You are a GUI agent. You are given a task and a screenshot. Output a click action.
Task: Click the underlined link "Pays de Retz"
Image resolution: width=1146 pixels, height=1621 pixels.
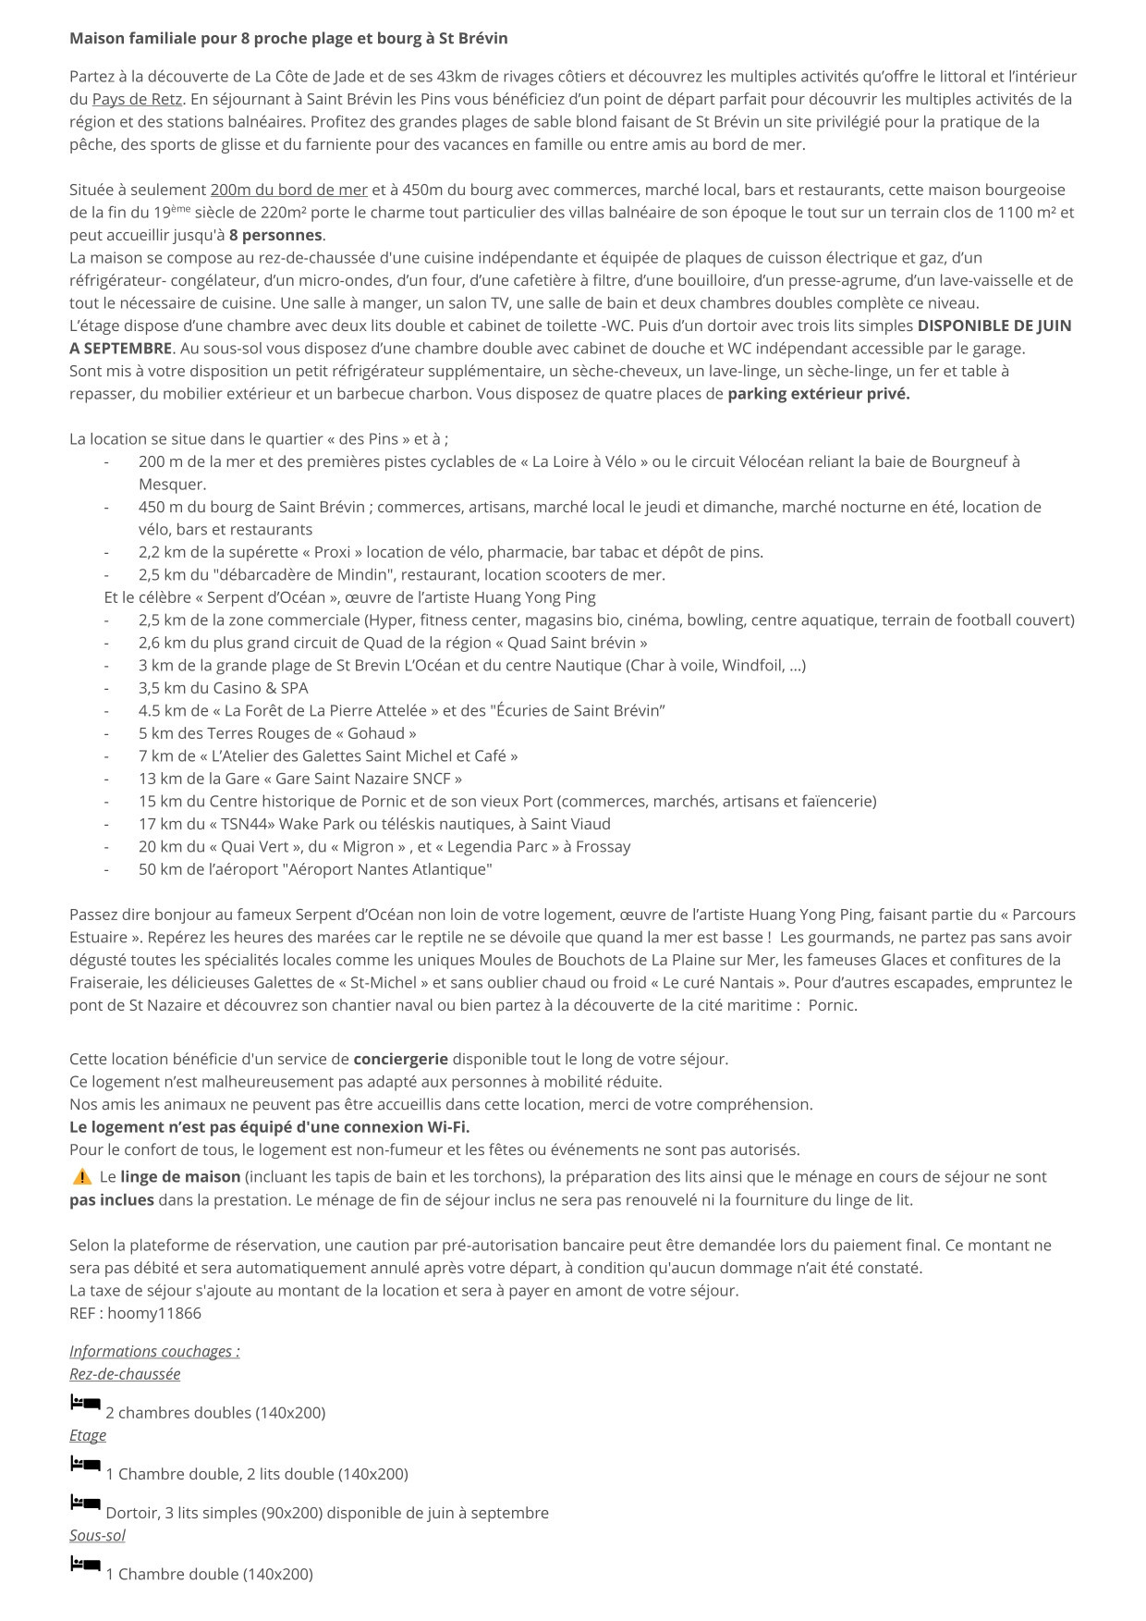click(x=137, y=99)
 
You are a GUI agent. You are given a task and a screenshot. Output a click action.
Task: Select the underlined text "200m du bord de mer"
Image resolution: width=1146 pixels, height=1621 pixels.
click(x=288, y=190)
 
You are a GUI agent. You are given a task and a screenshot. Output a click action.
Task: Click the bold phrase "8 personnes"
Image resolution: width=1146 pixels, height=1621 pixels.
click(x=275, y=235)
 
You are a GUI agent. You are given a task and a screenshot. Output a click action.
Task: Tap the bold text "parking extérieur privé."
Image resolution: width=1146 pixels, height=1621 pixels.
click(x=819, y=393)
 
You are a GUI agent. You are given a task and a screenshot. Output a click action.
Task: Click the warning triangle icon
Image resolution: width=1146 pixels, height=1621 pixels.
click(x=81, y=1176)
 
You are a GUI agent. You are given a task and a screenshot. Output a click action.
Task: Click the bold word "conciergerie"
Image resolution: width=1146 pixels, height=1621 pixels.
click(x=400, y=1059)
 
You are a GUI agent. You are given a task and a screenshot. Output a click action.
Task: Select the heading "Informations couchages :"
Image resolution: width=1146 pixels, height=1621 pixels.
click(x=154, y=1351)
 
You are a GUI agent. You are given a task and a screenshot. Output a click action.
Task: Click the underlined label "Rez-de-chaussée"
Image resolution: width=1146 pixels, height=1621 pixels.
click(x=125, y=1373)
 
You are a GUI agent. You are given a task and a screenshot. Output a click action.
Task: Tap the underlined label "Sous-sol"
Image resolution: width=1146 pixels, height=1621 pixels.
click(x=97, y=1535)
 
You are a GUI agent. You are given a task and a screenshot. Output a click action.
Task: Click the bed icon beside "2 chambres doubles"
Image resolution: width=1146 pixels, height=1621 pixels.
click(x=85, y=1404)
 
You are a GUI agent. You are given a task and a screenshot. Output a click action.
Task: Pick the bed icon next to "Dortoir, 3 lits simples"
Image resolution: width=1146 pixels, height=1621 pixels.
click(x=85, y=1504)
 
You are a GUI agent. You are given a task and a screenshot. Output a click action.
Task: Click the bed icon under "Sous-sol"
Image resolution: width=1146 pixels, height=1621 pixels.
click(x=85, y=1565)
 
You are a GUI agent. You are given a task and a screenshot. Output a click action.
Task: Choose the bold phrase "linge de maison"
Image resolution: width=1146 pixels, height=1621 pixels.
click(x=180, y=1176)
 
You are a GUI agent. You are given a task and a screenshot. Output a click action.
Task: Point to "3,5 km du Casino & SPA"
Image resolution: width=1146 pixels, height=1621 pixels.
click(x=223, y=688)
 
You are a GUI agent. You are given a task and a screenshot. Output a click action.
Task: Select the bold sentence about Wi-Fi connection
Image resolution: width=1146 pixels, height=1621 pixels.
click(x=269, y=1126)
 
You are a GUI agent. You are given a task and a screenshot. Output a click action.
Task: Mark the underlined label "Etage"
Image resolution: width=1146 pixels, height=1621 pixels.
click(x=88, y=1434)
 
